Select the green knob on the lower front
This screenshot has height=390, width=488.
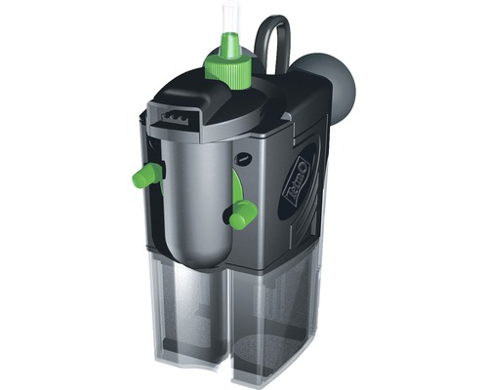coord(238,215)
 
